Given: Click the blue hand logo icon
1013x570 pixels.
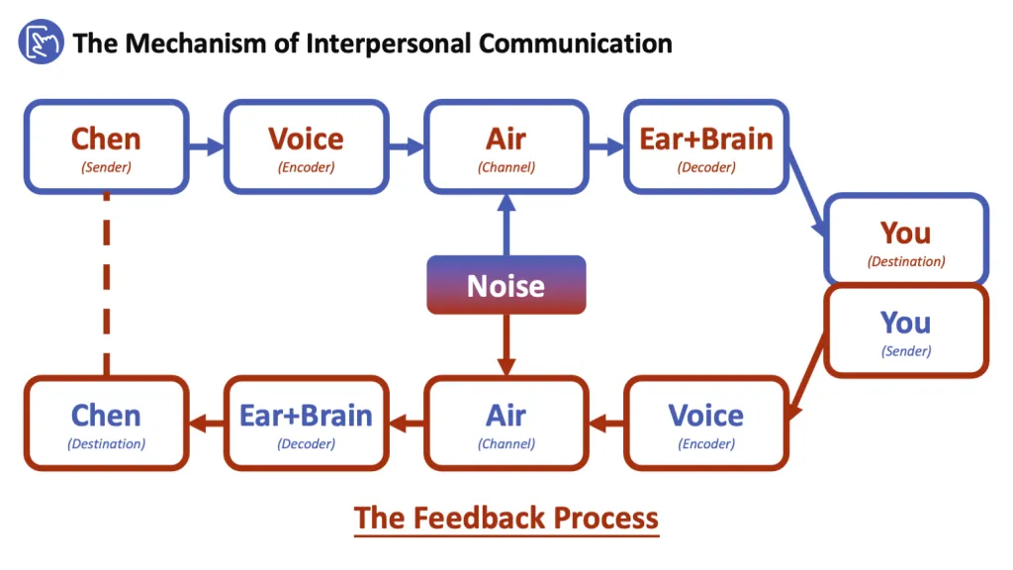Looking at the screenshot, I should pos(41,43).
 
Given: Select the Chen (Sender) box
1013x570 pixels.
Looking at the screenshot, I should pos(106,146).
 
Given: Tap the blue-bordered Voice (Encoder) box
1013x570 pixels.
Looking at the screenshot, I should pos(306,146).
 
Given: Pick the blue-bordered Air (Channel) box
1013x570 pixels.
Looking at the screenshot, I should pos(506,146).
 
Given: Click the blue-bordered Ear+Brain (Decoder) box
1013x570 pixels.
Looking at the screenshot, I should pos(705,146).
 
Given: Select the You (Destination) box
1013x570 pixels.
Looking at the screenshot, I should pos(905,240).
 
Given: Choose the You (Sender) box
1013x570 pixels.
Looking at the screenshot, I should pos(905,331).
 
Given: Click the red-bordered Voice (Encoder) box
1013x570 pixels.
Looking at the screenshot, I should pos(705,423).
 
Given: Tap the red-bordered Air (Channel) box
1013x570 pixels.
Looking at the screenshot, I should pos(506,423).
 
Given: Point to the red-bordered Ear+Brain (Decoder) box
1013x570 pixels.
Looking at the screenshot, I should pos(306,423).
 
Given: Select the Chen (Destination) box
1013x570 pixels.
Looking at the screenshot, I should pos(106,423).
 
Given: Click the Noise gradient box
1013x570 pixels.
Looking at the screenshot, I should pos(506,285).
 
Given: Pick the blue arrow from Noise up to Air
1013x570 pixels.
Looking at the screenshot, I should pos(506,225).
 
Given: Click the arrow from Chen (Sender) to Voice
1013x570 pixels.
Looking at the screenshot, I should pos(206,147).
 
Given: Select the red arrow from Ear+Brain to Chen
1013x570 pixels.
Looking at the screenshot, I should pos(206,424).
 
